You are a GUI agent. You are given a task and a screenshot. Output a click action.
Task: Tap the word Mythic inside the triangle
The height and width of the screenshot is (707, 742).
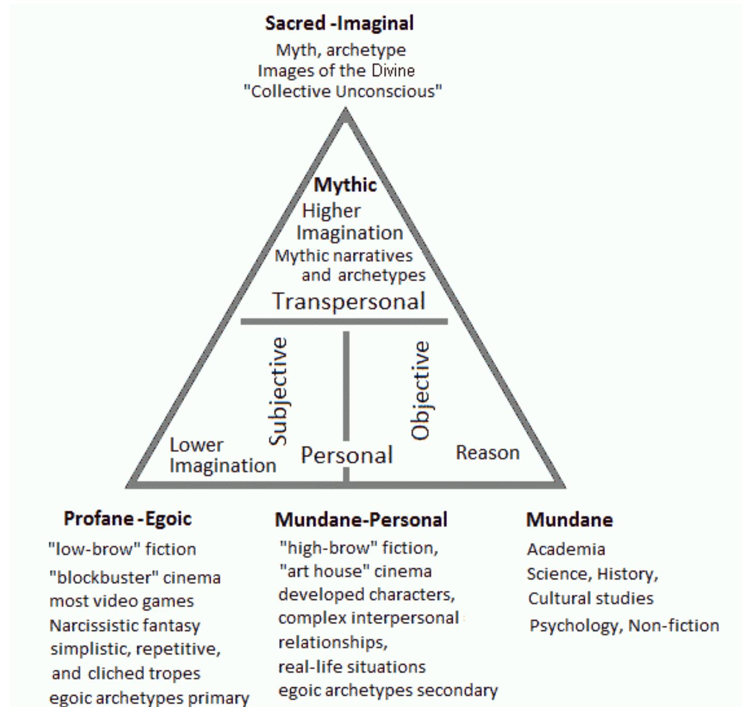point(345,185)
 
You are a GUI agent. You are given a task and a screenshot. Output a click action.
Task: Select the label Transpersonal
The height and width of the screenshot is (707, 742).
point(349,302)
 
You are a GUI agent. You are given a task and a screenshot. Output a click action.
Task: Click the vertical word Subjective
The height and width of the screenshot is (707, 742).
point(278,391)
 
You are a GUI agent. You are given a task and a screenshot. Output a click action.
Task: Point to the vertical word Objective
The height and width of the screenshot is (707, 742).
point(421,390)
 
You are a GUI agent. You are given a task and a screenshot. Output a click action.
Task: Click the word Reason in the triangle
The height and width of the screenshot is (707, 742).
point(487,453)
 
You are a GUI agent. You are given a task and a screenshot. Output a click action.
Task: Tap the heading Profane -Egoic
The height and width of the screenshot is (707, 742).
point(128,518)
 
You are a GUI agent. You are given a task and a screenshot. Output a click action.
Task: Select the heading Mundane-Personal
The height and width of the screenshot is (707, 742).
point(361,519)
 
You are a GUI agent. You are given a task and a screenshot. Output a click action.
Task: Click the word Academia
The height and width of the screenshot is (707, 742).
point(566,549)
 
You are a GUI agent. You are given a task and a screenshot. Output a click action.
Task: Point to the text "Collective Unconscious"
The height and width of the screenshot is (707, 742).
point(343,92)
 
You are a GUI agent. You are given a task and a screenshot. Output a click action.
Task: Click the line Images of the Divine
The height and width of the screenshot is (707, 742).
point(336,71)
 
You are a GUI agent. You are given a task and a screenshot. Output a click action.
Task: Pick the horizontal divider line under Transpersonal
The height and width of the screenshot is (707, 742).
point(344,321)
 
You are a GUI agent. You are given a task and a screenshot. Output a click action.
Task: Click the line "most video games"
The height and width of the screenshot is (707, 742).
point(122,601)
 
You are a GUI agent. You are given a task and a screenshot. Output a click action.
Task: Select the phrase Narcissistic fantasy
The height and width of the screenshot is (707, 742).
point(125,626)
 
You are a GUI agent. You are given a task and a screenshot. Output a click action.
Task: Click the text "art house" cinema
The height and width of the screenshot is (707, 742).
point(355,571)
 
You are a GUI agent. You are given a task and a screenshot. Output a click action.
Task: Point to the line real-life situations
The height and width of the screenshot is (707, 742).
point(352,667)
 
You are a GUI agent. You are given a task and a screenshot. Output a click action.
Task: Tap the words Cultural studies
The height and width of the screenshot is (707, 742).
point(591,599)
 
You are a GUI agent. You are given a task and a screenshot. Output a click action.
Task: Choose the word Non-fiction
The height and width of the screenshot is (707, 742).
point(674,626)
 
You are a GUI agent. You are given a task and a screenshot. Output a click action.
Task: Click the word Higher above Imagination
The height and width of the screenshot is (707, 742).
point(331,211)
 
